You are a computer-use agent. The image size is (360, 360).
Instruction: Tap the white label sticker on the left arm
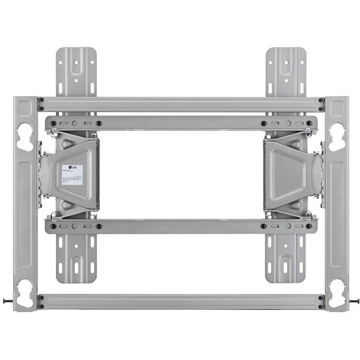coord(72,174)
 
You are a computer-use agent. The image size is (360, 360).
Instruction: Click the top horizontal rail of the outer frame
coord(180,104)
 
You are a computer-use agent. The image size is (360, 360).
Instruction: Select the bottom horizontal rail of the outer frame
coord(180,302)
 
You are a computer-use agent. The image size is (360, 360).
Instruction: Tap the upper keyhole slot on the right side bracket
coord(337,135)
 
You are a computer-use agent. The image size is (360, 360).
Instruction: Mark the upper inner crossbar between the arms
coord(180,123)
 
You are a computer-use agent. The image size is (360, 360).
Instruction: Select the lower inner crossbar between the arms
coord(180,226)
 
